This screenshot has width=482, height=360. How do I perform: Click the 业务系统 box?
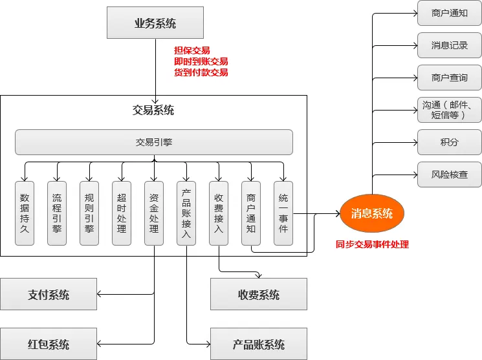coord(155,24)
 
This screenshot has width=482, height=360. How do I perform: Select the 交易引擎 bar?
coord(154,142)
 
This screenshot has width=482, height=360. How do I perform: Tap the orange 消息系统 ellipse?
coord(371,213)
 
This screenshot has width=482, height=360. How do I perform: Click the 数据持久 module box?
coord(25,213)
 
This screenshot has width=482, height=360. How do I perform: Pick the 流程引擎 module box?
coord(57,213)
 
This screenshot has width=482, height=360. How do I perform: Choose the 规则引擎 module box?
coord(89,213)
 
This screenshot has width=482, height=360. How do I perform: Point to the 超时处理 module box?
coord(122,213)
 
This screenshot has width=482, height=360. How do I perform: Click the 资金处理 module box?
coord(154,213)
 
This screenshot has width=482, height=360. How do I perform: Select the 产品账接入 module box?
coord(186,213)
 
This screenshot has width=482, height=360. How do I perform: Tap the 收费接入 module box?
coord(219,213)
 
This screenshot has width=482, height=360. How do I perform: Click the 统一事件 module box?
coord(283,213)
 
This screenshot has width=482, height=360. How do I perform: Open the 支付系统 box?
coord(49,295)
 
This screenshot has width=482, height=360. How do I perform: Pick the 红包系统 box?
coord(49,344)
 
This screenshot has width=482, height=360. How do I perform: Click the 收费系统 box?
coord(259,295)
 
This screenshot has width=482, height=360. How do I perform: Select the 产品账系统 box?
coord(259,344)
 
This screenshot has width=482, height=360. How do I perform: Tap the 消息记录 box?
coord(449,45)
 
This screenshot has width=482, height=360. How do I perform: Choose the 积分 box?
coord(449,142)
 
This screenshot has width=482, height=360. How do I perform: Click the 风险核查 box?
coord(449,175)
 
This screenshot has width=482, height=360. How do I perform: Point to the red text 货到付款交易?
coord(201,73)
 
